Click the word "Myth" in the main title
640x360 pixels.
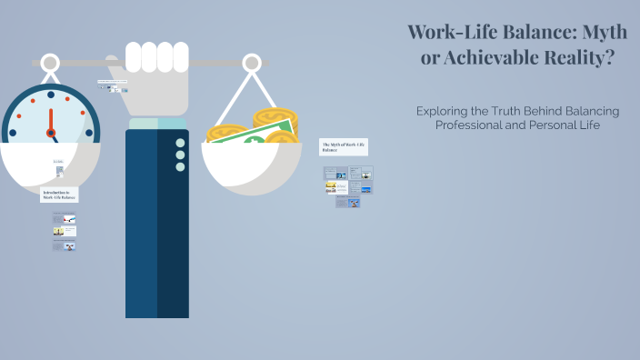coord(595,32)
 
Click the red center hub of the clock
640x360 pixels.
coord(51,133)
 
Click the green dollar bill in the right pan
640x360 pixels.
coord(259,136)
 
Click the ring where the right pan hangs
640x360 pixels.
coord(251,64)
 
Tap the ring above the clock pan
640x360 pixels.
coord(50,64)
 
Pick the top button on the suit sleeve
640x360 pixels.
coord(180,143)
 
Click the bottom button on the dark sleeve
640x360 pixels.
coord(180,166)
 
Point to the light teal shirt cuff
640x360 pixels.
coord(156,123)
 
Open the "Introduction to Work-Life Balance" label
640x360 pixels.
coord(59,194)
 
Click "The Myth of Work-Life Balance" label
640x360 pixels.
coord(343,146)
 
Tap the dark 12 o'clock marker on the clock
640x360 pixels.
coord(50,95)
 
